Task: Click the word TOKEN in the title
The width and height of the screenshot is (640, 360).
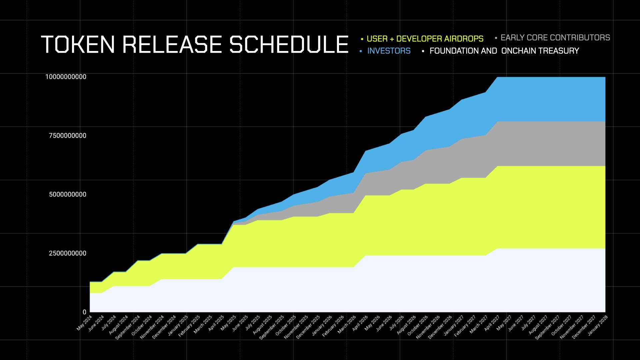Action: [x=79, y=45]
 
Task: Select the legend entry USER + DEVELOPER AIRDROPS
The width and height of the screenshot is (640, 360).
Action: [x=425, y=39]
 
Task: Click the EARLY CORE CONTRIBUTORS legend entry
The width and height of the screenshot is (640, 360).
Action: [x=555, y=38]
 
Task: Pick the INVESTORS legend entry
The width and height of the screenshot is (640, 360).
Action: [x=389, y=51]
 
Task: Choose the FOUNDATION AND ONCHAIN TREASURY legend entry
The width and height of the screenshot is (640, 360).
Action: [x=504, y=51]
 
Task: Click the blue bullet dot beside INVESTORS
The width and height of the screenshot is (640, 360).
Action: [x=361, y=51]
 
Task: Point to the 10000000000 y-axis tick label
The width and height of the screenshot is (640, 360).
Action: [x=66, y=77]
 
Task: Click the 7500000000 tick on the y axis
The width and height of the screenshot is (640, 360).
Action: [x=68, y=136]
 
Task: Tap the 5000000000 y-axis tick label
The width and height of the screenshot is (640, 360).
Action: [x=68, y=194]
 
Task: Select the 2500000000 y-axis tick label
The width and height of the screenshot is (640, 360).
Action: [x=68, y=253]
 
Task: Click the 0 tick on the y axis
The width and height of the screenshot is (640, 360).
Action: [x=84, y=312]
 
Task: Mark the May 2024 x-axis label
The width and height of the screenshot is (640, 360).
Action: [x=84, y=323]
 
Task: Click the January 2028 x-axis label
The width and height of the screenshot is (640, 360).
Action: [x=598, y=325]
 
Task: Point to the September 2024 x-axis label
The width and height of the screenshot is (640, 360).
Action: [x=128, y=328]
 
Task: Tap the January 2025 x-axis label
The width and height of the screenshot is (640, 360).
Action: [x=178, y=325]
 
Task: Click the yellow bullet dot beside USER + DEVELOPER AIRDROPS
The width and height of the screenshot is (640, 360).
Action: [x=362, y=39]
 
